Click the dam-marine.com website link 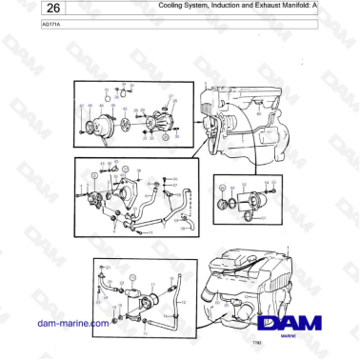(x=72, y=324)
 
